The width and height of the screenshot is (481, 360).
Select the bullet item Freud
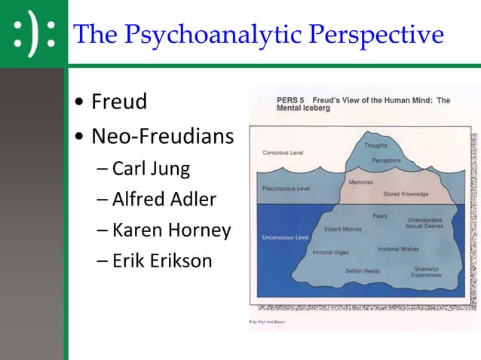click(x=118, y=101)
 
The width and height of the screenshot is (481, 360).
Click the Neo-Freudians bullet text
click(x=162, y=136)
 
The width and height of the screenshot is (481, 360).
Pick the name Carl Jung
click(x=151, y=168)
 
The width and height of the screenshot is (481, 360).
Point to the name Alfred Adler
click(x=164, y=200)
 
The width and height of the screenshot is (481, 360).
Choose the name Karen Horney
click(x=171, y=230)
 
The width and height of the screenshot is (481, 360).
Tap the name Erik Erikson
click(x=162, y=261)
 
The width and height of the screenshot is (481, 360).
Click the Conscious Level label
click(x=283, y=153)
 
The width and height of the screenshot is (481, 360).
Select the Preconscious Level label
click(x=286, y=188)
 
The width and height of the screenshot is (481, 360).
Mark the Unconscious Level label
click(x=286, y=238)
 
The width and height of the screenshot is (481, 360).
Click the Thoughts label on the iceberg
click(x=377, y=145)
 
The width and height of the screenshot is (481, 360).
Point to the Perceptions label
click(x=386, y=160)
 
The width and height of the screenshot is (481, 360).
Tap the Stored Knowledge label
click(x=406, y=194)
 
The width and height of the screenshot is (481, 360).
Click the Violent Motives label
click(x=342, y=229)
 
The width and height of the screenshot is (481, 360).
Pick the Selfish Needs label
click(x=363, y=271)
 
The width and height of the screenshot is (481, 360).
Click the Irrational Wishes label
click(x=399, y=249)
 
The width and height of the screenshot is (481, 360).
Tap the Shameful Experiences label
click(x=426, y=272)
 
